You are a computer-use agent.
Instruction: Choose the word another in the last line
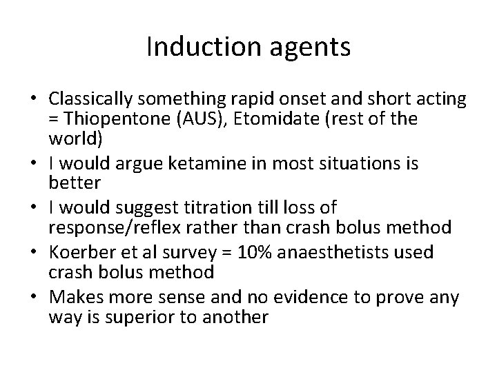[x=235, y=318]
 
